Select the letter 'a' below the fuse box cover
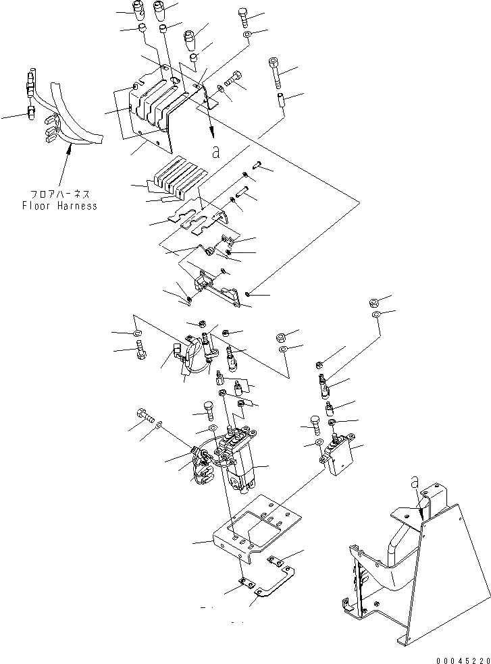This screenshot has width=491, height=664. coord(215,153)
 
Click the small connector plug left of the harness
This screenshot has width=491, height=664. coord(31,110)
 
